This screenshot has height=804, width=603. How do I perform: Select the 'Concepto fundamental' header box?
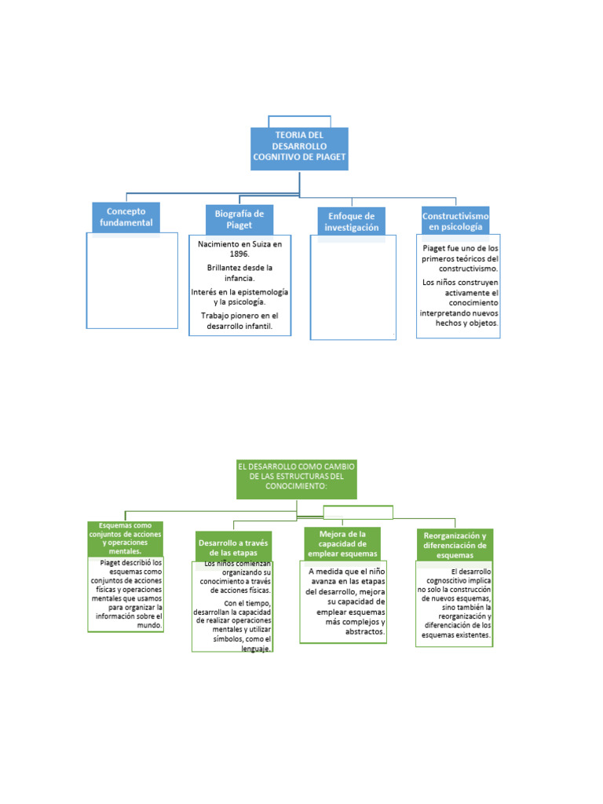point(126,217)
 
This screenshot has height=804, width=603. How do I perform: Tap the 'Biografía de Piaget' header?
point(239,219)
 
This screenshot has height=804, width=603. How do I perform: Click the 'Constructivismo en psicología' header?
point(455,221)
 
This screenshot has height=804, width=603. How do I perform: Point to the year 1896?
point(239,254)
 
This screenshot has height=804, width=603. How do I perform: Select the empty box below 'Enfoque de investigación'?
point(353,291)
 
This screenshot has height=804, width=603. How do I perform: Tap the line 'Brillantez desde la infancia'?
point(239,272)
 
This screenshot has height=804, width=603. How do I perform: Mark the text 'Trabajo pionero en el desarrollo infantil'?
point(239,321)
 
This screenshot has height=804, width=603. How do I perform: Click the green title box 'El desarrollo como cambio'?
point(297,477)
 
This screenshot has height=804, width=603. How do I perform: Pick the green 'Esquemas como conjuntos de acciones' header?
point(126,539)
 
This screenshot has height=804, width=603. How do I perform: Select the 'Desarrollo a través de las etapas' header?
point(233,547)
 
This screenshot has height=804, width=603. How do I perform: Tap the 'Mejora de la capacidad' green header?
point(343,543)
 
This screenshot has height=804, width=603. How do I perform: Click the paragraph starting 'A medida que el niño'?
point(345,601)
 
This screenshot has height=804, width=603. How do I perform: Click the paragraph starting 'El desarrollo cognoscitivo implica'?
point(455,603)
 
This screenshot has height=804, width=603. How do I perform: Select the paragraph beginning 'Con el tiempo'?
point(233,626)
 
